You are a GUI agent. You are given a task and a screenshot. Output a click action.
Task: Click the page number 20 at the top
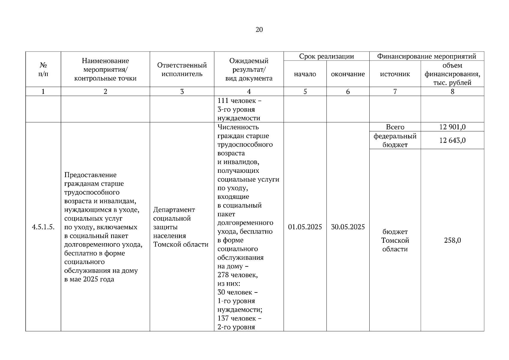tap(259, 29)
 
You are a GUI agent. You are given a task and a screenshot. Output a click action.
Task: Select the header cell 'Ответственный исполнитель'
tap(182, 70)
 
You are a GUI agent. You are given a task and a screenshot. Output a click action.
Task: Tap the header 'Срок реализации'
tap(326, 56)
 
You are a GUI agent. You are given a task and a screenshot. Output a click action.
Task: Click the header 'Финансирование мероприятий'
tap(427, 56)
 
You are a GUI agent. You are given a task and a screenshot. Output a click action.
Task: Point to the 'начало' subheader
tap(305, 74)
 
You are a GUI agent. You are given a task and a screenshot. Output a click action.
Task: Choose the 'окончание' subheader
tap(348, 74)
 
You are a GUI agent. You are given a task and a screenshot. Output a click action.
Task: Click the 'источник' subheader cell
tap(395, 74)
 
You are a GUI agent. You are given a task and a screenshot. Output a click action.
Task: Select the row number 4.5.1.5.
tap(43, 227)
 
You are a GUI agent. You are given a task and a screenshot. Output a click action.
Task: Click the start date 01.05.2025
tap(305, 227)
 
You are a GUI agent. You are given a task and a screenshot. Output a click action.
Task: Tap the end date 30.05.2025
tap(348, 227)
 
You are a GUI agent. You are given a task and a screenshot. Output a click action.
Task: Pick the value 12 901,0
tap(452, 127)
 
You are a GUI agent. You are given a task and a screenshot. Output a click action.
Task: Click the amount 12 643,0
tap(452, 140)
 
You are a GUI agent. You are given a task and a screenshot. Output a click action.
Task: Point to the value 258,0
tap(452, 240)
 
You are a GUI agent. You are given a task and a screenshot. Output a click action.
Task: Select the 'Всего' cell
tap(395, 127)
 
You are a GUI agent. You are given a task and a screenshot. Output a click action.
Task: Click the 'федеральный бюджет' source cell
tap(395, 140)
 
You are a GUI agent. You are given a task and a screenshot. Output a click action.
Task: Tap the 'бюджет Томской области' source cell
tap(395, 240)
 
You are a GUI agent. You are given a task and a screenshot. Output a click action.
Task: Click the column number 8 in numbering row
tap(452, 92)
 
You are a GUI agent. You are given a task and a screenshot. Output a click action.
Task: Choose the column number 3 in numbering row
tap(182, 92)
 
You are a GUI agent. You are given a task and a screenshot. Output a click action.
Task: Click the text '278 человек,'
tap(237, 275)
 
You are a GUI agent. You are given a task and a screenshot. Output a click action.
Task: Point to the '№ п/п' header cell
tap(43, 70)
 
